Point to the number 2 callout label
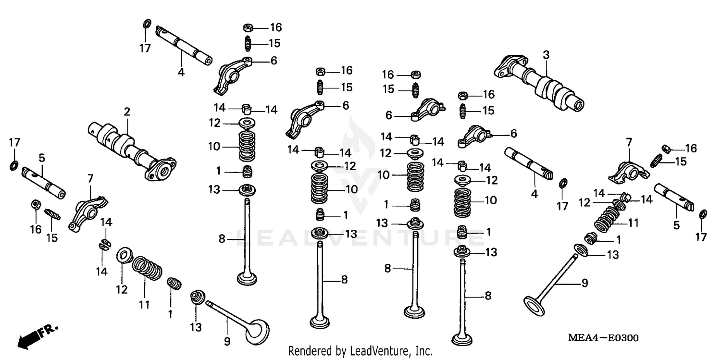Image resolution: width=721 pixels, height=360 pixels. coord(127,112)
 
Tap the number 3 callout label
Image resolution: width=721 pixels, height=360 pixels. coord(546,55)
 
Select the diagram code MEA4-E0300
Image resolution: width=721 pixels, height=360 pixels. coord(603,338)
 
